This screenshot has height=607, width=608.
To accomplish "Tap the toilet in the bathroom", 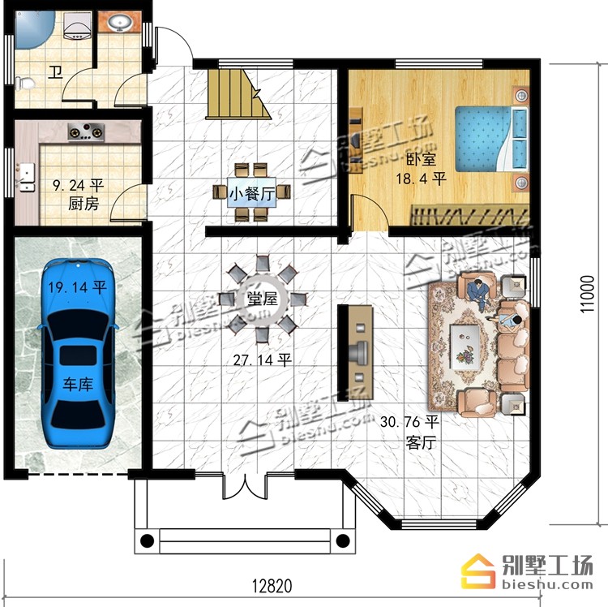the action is pyautogui.click(x=25, y=83).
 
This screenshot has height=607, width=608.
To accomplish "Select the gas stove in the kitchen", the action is pyautogui.click(x=86, y=132).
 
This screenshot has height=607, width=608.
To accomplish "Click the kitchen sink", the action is pyautogui.click(x=26, y=177).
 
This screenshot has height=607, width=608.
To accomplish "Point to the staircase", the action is pyautogui.click(x=238, y=94).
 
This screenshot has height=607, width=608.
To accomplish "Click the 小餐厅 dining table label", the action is pyautogui.click(x=252, y=193).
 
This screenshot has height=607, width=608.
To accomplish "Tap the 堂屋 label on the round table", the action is pyautogui.click(x=263, y=299).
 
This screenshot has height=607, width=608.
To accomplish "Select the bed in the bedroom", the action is pyautogui.click(x=492, y=139).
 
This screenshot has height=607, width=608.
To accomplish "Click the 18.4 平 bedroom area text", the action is pyautogui.click(x=421, y=179).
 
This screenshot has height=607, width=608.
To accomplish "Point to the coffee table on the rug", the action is pyautogui.click(x=465, y=347).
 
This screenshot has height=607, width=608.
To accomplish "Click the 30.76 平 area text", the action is pyautogui.click(x=409, y=422).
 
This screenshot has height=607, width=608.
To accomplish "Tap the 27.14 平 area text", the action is pyautogui.click(x=263, y=360).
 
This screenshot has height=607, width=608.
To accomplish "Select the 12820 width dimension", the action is pyautogui.click(x=272, y=586).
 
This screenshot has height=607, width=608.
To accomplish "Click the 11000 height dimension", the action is pyautogui.click(x=587, y=294).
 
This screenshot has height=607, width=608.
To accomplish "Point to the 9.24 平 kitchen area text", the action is pyautogui.click(x=79, y=185).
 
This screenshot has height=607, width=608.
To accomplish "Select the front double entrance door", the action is pyautogui.click(x=245, y=486).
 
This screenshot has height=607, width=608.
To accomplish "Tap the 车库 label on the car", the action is pyautogui.click(x=78, y=384).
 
